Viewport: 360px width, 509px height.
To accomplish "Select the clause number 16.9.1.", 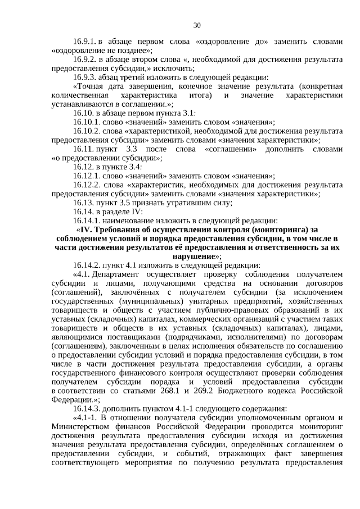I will (x=85, y=42).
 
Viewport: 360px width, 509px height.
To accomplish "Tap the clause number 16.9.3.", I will (x=85, y=78).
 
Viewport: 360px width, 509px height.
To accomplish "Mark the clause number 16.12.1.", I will (x=87, y=176).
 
